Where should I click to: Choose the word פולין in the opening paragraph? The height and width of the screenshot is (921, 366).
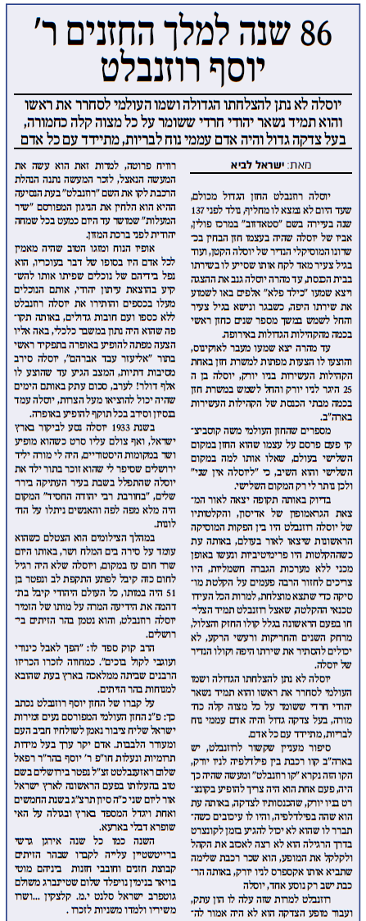206,221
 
